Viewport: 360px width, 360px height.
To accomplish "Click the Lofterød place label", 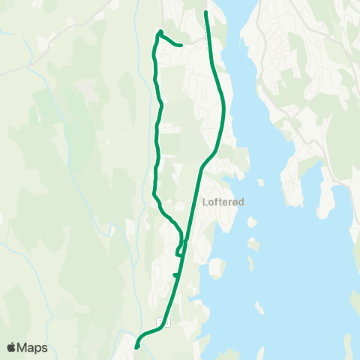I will coord(224,201).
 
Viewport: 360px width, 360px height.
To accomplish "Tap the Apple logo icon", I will coord(11,347).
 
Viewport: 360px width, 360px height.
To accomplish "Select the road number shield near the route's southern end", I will coord(160,321).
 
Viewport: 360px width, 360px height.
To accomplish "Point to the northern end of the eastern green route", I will coord(206,12).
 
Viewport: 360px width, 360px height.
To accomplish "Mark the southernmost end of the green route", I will coord(136,346).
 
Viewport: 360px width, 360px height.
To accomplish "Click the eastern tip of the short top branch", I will coord(181,45).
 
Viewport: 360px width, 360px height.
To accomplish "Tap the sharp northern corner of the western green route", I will coord(160,31).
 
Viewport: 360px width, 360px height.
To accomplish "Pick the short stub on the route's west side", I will coord(175,275).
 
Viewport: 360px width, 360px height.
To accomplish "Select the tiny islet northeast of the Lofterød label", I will coord(261,182).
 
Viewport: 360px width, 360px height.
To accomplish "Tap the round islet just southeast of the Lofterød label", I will coord(253,222).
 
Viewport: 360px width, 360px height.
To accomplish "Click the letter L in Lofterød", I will coord(205,201).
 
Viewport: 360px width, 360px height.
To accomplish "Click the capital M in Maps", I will coord(23,347).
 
